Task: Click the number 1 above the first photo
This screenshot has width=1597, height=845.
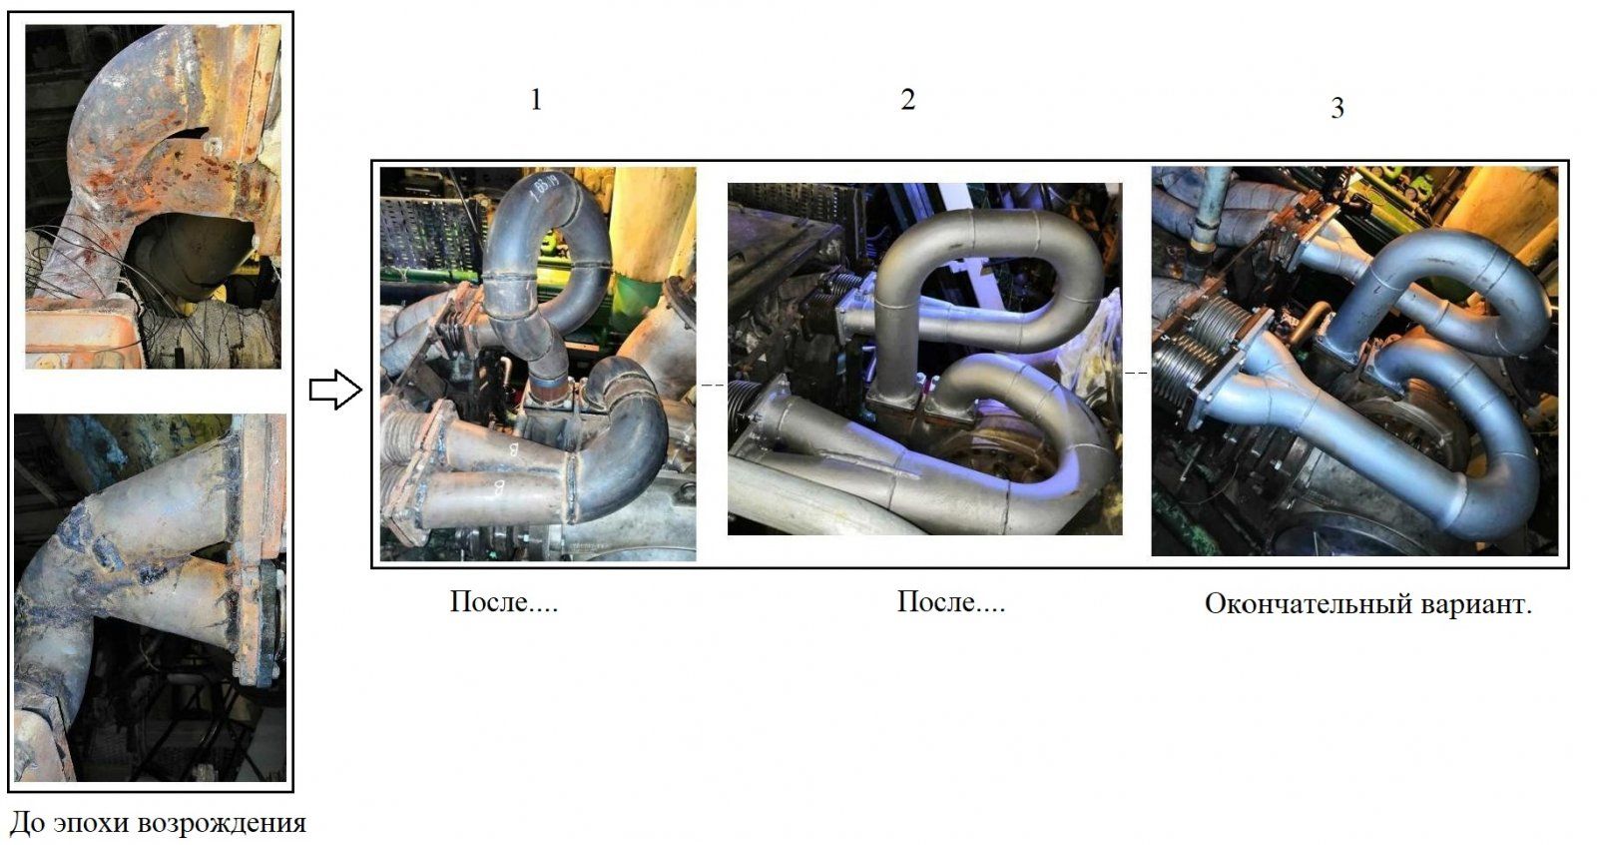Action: (x=536, y=99)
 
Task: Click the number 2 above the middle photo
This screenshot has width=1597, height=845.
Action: (x=907, y=99)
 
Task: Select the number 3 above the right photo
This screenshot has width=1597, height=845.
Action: (x=1337, y=108)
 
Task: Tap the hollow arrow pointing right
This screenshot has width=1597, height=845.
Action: (x=335, y=390)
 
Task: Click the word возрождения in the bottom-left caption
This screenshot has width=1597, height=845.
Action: (x=222, y=824)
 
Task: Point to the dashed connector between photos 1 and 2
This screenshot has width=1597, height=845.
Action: (x=713, y=386)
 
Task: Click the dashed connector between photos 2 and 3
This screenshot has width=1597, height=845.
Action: (x=1137, y=374)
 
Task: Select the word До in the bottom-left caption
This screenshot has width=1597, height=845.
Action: (x=29, y=822)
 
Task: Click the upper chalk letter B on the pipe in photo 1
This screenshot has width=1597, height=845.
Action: (x=513, y=448)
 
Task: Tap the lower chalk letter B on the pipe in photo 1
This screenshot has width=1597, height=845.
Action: (x=499, y=487)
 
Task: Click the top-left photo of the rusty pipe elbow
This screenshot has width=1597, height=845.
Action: (x=154, y=196)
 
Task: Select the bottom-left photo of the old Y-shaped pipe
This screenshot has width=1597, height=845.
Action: (x=151, y=597)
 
